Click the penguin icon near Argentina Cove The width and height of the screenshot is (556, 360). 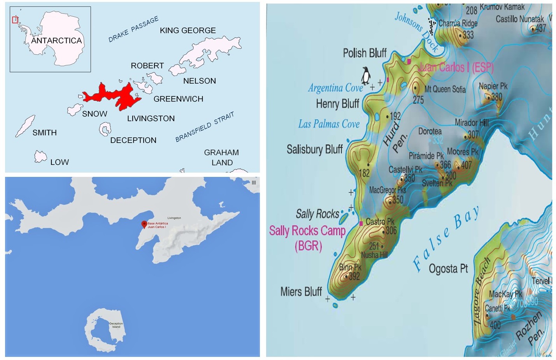click(x=366, y=75)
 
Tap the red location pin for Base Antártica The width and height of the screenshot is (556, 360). click(x=144, y=224)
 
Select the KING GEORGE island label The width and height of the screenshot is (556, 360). click(x=188, y=30)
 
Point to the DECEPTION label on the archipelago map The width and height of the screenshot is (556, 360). click(x=133, y=140)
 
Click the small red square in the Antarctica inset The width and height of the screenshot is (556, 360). click(x=15, y=20)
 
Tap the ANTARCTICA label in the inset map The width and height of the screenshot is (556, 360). click(x=56, y=40)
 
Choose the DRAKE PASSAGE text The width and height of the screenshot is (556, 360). click(x=133, y=29)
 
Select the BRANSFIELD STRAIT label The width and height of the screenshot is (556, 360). click(x=205, y=127)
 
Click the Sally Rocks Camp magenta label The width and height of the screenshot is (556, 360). click(x=307, y=231)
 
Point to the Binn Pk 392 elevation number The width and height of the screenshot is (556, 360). click(x=354, y=276)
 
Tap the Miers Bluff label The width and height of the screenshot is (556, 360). click(x=301, y=292)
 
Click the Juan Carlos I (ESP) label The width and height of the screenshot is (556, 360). click(x=456, y=67)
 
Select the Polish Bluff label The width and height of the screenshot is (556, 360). click(x=365, y=53)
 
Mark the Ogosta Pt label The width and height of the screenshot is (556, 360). click(x=448, y=269)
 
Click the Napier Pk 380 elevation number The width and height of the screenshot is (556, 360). click(x=496, y=96)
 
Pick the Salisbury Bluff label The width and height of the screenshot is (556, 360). click(x=314, y=149)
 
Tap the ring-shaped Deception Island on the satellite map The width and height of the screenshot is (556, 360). click(x=100, y=330)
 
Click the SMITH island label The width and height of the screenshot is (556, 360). click(x=44, y=133)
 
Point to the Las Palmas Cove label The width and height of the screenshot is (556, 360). click(x=329, y=124)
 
